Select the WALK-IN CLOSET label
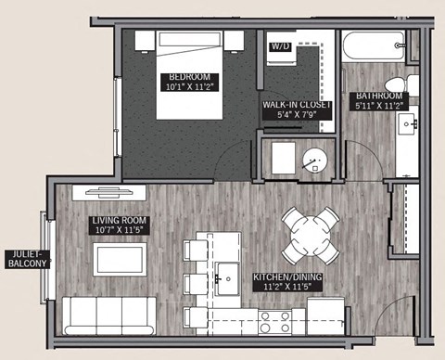pos(297,109)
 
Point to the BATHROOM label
pos(379,101)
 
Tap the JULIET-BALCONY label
pos(26,257)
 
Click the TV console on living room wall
pos(116,192)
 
